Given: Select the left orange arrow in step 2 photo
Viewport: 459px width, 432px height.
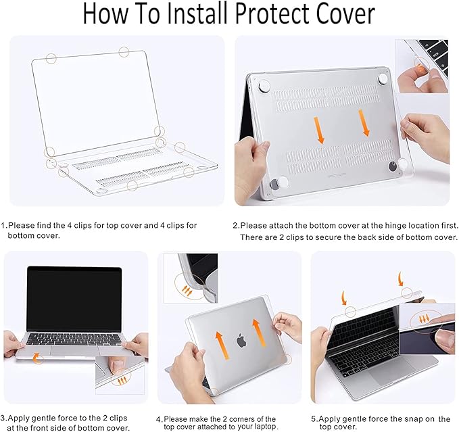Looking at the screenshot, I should pos(320,128).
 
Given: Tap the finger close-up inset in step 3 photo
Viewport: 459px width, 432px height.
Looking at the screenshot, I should pos(118,376).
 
